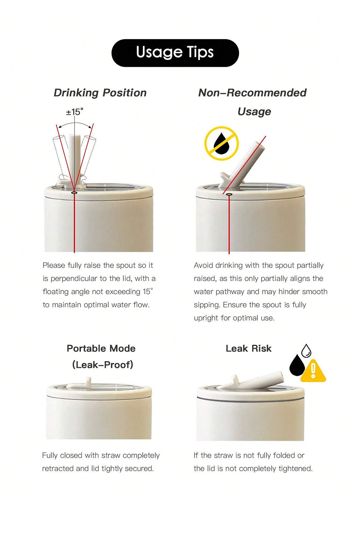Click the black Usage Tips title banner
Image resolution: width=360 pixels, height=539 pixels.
tap(175, 53)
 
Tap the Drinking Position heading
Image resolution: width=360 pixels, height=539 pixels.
tap(100, 93)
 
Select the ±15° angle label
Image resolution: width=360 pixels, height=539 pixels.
tap(74, 112)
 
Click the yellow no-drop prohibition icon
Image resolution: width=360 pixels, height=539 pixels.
tap(222, 143)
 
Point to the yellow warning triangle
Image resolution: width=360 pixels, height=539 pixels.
tap(313, 372)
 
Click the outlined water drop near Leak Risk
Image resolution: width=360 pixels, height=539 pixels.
tap(306, 351)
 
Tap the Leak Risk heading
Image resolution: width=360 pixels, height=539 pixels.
tap(249, 349)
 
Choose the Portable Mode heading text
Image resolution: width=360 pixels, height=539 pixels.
tap(101, 349)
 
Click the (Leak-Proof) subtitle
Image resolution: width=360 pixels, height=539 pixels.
tap(102, 365)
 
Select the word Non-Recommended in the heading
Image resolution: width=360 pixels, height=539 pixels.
tap(252, 93)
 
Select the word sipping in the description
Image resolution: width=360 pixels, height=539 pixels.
tap(207, 305)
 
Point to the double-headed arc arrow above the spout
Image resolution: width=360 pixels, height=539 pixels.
tap(75, 124)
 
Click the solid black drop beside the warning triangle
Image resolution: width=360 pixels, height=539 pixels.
tap(297, 365)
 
